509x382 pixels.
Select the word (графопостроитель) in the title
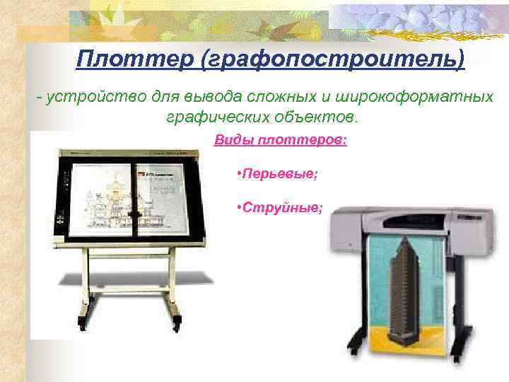point(332,59)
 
